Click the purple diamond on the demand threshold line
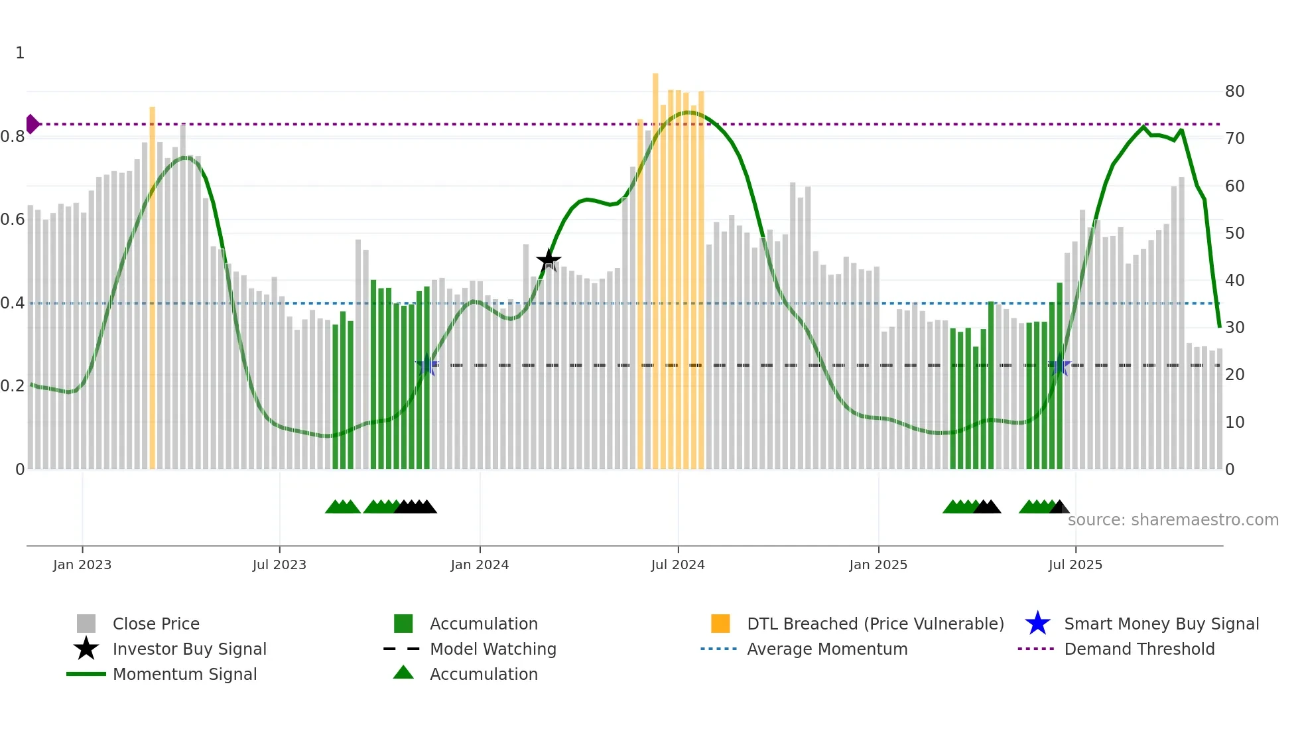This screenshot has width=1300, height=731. pyautogui.click(x=32, y=124)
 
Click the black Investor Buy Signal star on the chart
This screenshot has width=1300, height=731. pyautogui.click(x=549, y=260)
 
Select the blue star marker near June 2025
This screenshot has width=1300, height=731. pyautogui.click(x=1059, y=365)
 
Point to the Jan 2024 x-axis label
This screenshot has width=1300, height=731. pyautogui.click(x=480, y=565)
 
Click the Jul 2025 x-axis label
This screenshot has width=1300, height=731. pyautogui.click(x=1075, y=565)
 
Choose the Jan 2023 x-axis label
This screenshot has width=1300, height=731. pyautogui.click(x=82, y=565)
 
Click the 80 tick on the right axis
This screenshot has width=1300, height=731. pyautogui.click(x=1234, y=92)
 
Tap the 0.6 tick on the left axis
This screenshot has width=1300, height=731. pyautogui.click(x=13, y=219)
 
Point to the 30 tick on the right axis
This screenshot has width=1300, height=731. pyautogui.click(x=1234, y=328)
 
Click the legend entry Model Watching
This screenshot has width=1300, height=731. pyautogui.click(x=493, y=649)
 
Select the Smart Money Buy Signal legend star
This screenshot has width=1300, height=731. pyautogui.click(x=1037, y=624)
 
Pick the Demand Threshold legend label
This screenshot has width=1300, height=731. pyautogui.click(x=1139, y=649)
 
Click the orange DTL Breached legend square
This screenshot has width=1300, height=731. pyautogui.click(x=720, y=624)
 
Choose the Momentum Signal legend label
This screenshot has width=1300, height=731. pyautogui.click(x=184, y=674)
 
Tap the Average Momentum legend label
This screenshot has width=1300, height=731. pyautogui.click(x=827, y=649)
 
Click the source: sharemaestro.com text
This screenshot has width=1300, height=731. pyautogui.click(x=1173, y=519)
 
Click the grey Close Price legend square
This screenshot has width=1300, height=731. pyautogui.click(x=86, y=624)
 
